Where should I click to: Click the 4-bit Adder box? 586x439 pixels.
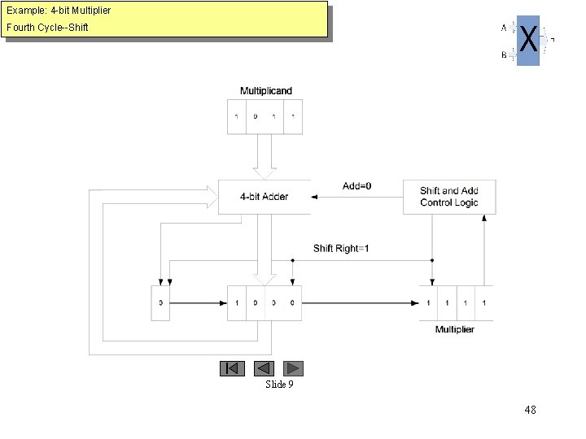pyautogui.click(x=264, y=197)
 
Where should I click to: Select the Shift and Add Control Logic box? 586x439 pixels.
pyautogui.click(x=449, y=197)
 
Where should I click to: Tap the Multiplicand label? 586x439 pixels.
pyautogui.click(x=265, y=90)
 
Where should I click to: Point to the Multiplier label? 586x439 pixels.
pyautogui.click(x=455, y=329)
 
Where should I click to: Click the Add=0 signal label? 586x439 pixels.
pyautogui.click(x=357, y=186)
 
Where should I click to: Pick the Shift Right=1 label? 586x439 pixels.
pyautogui.click(x=341, y=248)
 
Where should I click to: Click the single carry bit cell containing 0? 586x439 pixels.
pyautogui.click(x=160, y=302)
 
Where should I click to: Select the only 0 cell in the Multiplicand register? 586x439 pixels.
pyautogui.click(x=255, y=116)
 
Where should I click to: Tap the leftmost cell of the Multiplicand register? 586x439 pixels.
pyautogui.click(x=236, y=116)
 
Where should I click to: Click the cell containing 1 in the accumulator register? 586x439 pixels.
pyautogui.click(x=236, y=302)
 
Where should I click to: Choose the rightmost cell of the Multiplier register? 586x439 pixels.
pyautogui.click(x=484, y=302)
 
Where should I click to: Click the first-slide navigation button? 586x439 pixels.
pyautogui.click(x=232, y=368)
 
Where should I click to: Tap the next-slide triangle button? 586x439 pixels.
pyautogui.click(x=293, y=368)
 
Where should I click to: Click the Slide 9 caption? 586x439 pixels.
pyautogui.click(x=279, y=385)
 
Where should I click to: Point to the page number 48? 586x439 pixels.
pyautogui.click(x=530, y=410)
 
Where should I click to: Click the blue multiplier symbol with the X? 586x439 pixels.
pyautogui.click(x=528, y=40)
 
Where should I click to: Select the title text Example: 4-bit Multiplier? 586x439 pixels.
pyautogui.click(x=59, y=11)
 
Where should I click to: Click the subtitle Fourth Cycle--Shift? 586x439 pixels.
pyautogui.click(x=47, y=28)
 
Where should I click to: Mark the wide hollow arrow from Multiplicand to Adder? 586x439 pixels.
pyautogui.click(x=265, y=157)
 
